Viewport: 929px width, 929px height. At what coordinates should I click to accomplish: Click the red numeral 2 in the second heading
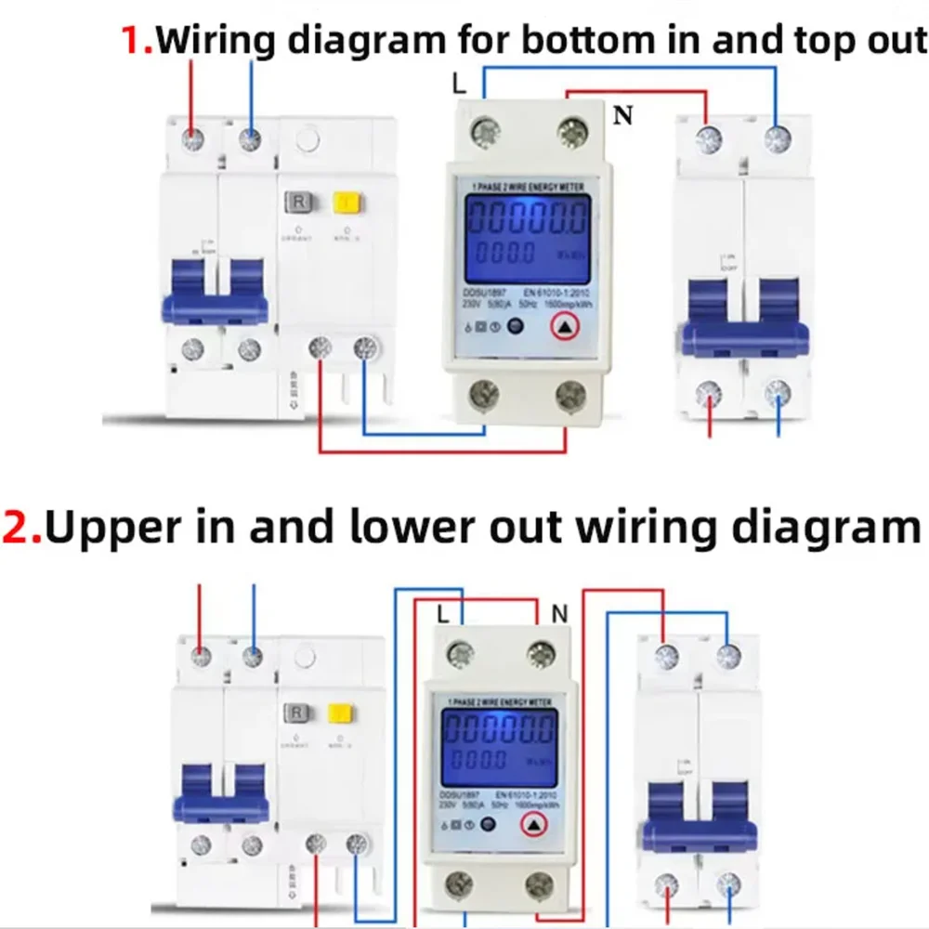(x=20, y=527)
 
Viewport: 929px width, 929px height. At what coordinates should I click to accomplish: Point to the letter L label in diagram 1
(x=459, y=84)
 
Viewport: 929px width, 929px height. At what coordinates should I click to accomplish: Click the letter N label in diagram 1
(x=622, y=117)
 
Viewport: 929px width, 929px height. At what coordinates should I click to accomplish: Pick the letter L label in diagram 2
(x=444, y=613)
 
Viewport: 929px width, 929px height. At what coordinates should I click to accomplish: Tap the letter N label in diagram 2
(x=559, y=613)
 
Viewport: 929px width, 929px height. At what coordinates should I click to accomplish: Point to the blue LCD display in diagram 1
(x=527, y=232)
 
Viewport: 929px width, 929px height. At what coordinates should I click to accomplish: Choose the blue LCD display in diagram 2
(x=500, y=745)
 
